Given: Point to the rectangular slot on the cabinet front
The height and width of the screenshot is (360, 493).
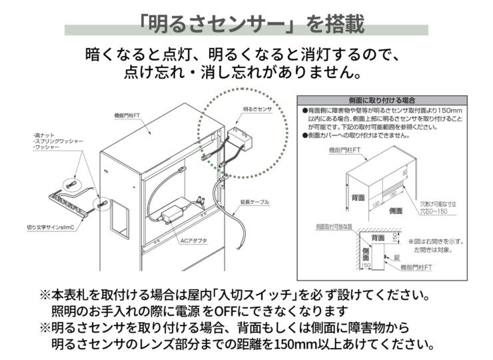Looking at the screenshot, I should (x=120, y=215).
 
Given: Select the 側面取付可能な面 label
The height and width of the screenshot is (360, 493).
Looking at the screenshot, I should (x=334, y=227).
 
